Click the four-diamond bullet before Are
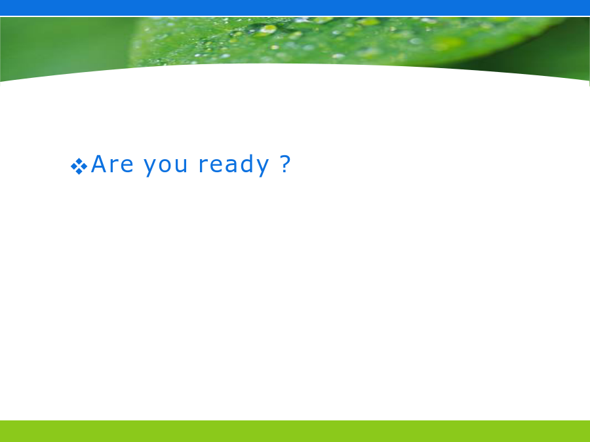[x=79, y=166]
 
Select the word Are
[x=112, y=164]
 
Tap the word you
[x=166, y=166]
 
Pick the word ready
[x=233, y=165]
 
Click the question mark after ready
[x=286, y=164]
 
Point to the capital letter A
[x=99, y=164]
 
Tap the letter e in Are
[x=127, y=166]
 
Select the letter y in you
[x=151, y=168]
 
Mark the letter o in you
[x=166, y=166]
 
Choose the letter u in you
[x=181, y=166]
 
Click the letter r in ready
[x=203, y=166]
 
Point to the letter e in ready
[x=216, y=166]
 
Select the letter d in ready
[x=247, y=164]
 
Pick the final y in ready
[x=263, y=168]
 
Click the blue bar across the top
[x=295, y=8]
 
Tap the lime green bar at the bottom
[x=295, y=431]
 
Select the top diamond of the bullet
[x=79, y=161]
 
